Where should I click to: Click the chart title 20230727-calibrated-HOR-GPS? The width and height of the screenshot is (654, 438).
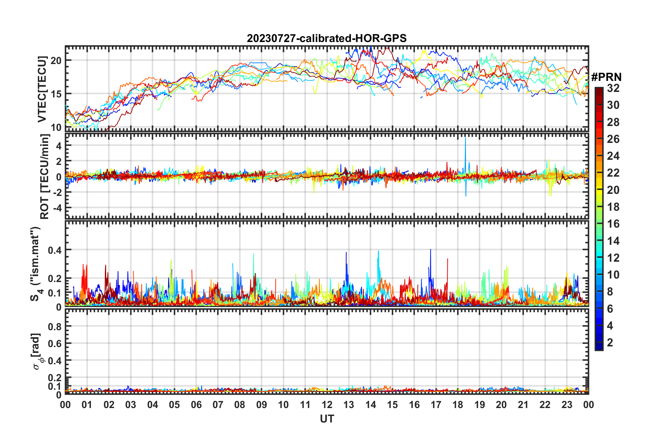(326, 38)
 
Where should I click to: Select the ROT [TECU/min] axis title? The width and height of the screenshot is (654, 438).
(45, 177)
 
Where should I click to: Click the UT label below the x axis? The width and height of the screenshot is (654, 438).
(327, 419)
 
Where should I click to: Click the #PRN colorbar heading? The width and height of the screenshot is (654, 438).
(606, 77)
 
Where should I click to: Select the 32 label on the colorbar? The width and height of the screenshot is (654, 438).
(613, 88)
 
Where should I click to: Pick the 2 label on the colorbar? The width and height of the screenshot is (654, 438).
(610, 343)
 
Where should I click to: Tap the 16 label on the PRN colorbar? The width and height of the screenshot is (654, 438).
(613, 224)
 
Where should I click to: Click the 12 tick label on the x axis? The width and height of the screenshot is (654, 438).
(327, 405)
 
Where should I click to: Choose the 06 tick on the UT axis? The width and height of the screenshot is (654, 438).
(196, 405)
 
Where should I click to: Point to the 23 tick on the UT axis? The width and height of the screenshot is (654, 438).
(567, 405)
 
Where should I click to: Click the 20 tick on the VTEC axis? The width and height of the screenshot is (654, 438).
(56, 61)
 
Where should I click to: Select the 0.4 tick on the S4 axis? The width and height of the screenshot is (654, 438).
(55, 250)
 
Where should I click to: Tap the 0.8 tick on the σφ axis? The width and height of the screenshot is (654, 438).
(55, 326)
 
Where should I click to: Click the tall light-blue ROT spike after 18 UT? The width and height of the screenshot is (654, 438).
(465, 145)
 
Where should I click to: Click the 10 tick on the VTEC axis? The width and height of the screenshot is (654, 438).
(56, 127)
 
